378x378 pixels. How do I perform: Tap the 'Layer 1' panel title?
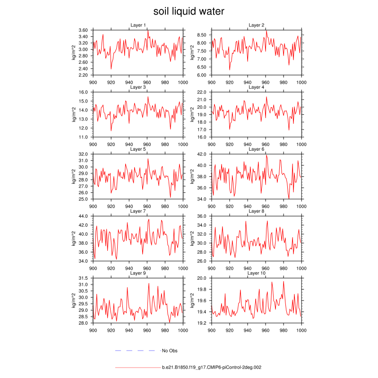(138, 25)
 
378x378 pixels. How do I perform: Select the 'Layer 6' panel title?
(257, 149)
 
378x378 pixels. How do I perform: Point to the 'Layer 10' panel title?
(257, 274)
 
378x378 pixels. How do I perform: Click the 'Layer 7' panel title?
(138, 211)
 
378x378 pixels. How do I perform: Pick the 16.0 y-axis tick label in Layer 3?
(84, 92)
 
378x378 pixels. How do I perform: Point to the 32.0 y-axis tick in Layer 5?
(84, 154)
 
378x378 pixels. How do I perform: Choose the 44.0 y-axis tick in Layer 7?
(84, 216)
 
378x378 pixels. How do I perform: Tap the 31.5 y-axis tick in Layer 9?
(84, 278)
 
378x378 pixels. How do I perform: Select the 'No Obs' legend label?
(170, 351)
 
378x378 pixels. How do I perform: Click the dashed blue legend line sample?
(135, 351)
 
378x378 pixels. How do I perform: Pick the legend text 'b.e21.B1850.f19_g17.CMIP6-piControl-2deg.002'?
(212, 367)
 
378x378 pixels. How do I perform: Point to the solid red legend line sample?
(137, 367)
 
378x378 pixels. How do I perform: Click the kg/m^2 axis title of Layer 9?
(73, 301)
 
